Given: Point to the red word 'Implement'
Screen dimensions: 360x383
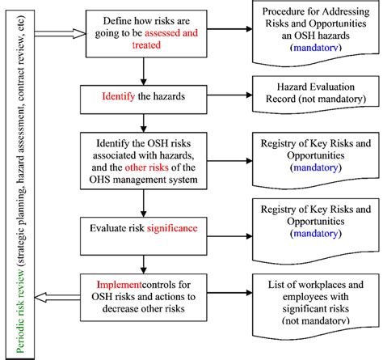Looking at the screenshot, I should (116, 285).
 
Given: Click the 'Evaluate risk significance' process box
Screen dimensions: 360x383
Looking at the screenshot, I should (143, 229).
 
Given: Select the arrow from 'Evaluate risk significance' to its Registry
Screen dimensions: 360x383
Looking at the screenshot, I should (229, 229).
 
